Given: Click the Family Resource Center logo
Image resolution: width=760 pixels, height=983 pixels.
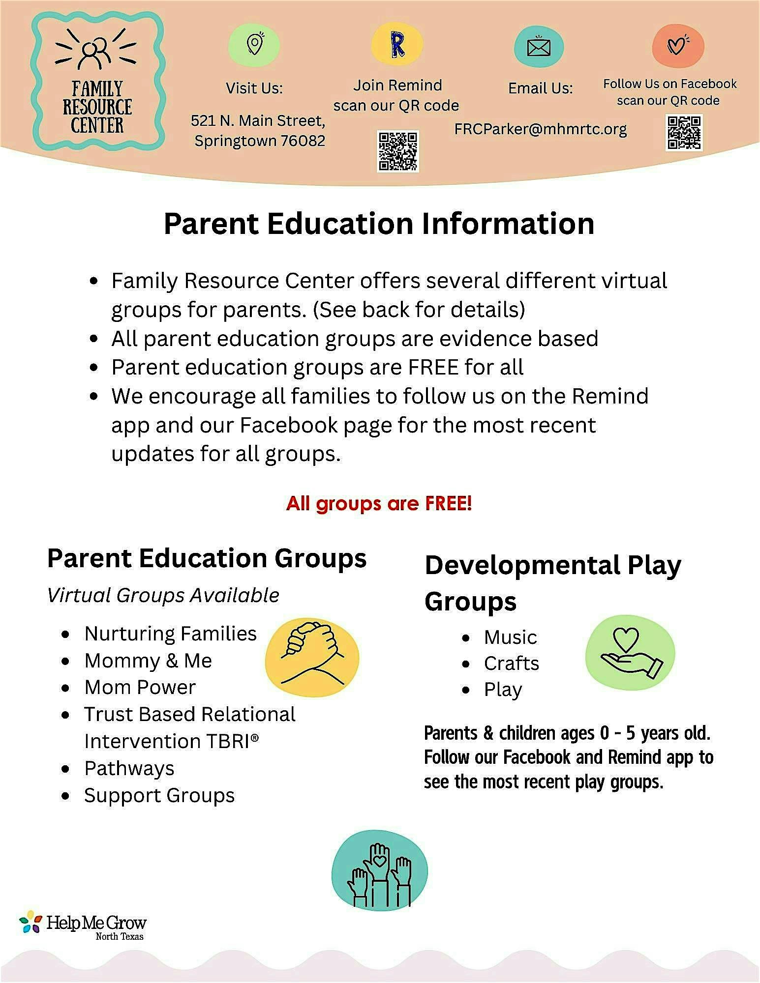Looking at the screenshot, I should pos(97,82).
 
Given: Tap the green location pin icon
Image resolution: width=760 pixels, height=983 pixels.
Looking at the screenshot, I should pos(254,45).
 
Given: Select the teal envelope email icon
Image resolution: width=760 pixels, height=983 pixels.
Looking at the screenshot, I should pos(539,47).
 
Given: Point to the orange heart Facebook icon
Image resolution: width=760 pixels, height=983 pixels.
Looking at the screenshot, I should pos(678,46).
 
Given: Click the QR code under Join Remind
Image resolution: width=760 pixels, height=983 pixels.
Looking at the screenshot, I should pos(397,151).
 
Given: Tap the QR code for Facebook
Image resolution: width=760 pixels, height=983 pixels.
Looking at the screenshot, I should pos(684,132).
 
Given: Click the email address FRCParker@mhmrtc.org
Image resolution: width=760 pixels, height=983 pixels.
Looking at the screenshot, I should pos(541,129).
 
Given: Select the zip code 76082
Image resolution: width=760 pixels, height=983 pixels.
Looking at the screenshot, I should pos(303,141).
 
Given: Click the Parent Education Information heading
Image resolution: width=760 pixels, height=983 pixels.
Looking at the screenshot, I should pos(379,224).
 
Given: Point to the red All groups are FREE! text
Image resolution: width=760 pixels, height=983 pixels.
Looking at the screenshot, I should pos(379,503).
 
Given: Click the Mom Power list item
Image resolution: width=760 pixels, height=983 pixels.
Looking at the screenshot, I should pos(140,687).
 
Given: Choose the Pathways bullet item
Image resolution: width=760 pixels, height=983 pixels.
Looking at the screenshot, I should pos(129,768).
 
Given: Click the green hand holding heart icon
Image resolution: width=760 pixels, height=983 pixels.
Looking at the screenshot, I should pos(630,652).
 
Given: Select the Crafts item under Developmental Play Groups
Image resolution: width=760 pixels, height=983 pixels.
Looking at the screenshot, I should pos(511,664).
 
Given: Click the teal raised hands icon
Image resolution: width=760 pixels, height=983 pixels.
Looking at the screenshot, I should pos(379,871).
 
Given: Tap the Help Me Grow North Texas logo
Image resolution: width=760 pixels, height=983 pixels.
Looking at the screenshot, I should pos(83,926).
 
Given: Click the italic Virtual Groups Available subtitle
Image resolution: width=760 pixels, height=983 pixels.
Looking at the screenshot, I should pos(163,595).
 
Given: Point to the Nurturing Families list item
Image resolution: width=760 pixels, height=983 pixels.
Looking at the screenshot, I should pos(170,634).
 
